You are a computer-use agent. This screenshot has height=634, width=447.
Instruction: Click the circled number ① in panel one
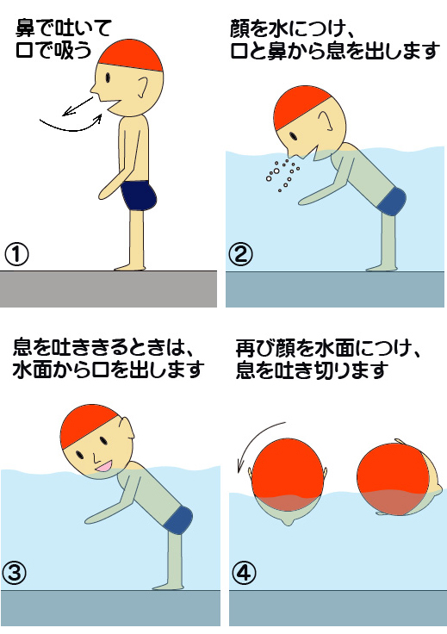[x=16, y=254]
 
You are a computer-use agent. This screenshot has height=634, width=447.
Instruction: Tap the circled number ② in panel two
[x=240, y=254]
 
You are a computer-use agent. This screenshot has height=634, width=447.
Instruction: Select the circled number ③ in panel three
[x=16, y=572]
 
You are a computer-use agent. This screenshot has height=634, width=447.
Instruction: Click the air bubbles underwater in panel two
[x=281, y=174]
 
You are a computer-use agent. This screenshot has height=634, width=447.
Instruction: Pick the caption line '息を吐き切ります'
[x=311, y=371]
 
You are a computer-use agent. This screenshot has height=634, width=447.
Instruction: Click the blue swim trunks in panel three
[x=177, y=519]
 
